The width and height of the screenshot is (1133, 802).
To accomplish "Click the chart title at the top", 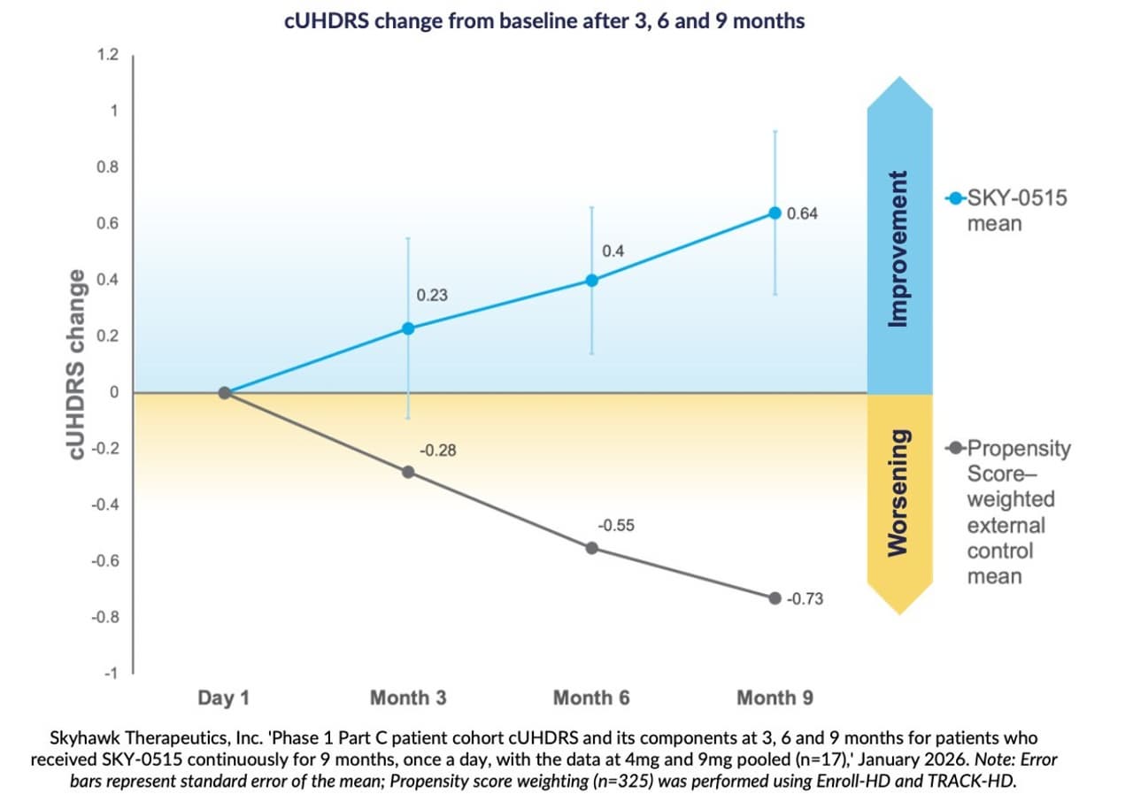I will pos(544,21).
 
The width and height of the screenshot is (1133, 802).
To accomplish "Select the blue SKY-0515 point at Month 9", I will pos(775,213).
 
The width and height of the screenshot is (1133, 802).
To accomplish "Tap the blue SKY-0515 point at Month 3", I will pos(408,328).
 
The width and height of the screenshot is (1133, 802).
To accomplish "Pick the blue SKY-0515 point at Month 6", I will pos(592,281).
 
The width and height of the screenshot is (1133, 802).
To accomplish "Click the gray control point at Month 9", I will pos(775,598).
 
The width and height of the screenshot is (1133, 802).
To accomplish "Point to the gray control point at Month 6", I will pos(592,548).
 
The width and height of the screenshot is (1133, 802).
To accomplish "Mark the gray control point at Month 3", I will pos(408,472).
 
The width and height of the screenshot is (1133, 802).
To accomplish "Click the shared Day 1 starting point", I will pos(225,393).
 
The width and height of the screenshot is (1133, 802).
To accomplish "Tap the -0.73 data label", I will pos(805,599).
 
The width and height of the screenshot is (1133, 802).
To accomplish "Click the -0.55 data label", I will pos(615,526).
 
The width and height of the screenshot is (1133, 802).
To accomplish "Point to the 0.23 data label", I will pos(432,296).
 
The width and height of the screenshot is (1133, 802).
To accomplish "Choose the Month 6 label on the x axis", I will pos(591,698).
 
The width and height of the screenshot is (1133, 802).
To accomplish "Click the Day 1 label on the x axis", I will pos(223,698).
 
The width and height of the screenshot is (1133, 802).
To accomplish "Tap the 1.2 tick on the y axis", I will pos(108,55).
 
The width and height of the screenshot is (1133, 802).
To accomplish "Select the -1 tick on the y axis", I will pos(111,674).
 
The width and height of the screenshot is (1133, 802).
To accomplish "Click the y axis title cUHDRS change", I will pos(78,365).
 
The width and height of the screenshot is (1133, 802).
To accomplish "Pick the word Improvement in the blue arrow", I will pos(898,249).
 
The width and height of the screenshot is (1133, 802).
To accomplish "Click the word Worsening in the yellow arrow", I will pos(898,493).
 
